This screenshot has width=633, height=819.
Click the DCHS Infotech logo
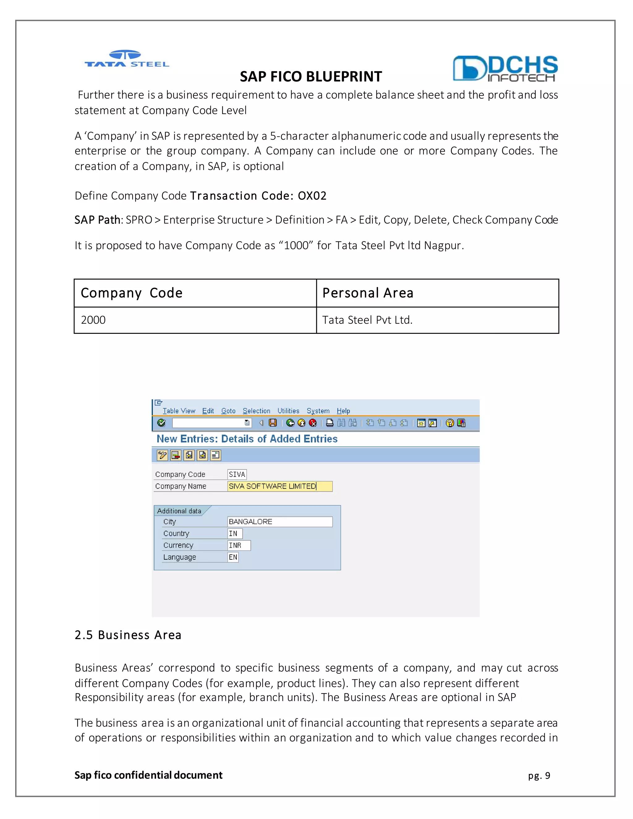[505, 69]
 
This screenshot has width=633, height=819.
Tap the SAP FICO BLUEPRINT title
[311, 77]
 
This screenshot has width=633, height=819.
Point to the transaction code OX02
[312, 196]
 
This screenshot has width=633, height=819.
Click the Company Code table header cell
[195, 293]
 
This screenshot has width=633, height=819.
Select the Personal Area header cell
[437, 293]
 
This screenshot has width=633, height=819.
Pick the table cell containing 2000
[195, 320]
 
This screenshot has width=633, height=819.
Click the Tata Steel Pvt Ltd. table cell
[437, 320]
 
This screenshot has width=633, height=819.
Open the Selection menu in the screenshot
[256, 411]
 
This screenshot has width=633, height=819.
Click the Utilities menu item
[288, 411]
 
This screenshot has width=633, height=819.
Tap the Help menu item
[343, 411]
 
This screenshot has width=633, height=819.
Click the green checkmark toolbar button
[161, 423]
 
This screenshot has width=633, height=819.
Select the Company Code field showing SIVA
[237, 474]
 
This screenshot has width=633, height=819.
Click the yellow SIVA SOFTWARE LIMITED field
[280, 486]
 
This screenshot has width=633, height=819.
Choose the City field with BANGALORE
[280, 522]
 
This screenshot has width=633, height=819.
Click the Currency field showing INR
[239, 545]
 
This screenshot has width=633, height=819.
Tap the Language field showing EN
[233, 557]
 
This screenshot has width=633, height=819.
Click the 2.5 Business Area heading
[128, 635]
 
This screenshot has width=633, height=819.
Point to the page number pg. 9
[539, 775]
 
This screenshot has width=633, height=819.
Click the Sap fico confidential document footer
[148, 775]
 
